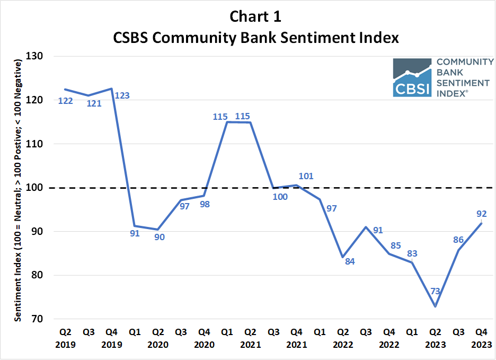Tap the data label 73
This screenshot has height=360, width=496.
pos(436,291)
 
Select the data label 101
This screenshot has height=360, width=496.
pos(306,175)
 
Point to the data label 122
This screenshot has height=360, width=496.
pos(65,100)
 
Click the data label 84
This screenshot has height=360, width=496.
pos(350,261)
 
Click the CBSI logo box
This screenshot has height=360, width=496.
pos(412,78)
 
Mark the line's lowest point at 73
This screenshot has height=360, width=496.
pos(436,306)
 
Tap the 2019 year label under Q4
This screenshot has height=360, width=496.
pos(111,344)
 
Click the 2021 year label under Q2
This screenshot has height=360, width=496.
pos(250,344)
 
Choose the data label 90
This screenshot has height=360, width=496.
pos(159,237)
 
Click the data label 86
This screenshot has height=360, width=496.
pos(459,240)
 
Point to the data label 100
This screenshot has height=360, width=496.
pos(280,197)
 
